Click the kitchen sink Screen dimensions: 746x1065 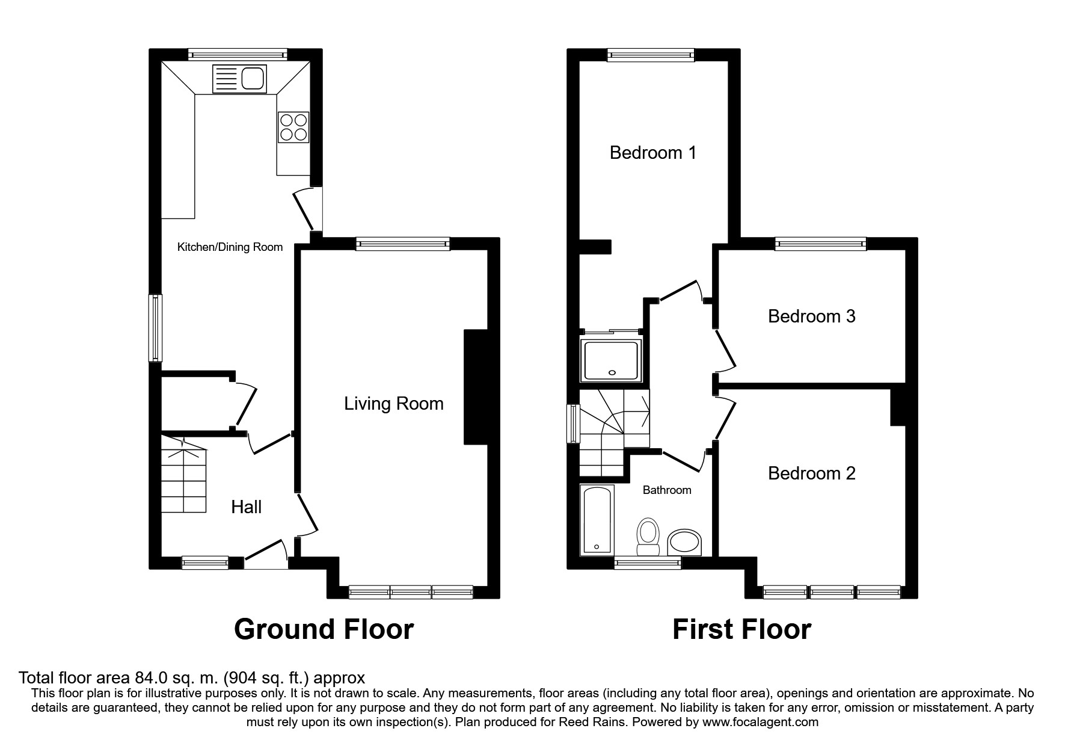239,79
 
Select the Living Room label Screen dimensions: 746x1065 393,404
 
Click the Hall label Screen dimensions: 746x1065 246,507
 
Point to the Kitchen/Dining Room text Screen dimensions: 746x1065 230,247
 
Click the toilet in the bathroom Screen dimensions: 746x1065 648,536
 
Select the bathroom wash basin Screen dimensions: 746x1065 685,542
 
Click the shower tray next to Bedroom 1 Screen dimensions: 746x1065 610,360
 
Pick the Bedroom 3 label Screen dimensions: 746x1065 811,316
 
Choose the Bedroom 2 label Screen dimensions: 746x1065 811,473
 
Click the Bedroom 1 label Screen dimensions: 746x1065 652,153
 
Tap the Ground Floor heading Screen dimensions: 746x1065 324,629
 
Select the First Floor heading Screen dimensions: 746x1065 741,629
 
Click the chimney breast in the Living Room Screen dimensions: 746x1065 475,387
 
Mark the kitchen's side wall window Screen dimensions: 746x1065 156,328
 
